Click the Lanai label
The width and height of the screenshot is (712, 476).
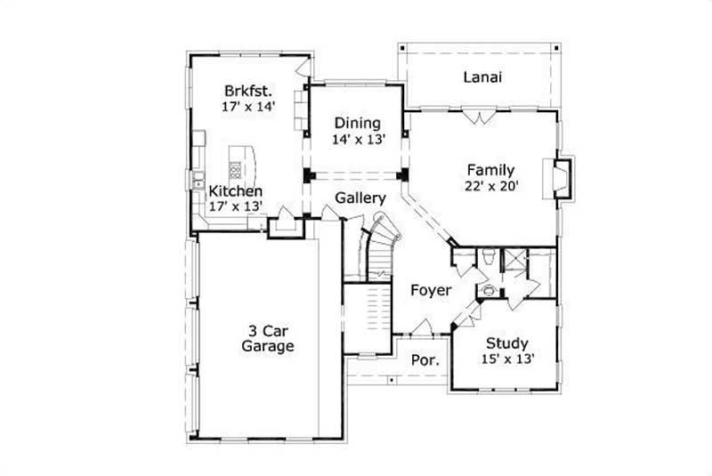(x=483, y=77)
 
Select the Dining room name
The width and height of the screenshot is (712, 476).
(x=357, y=123)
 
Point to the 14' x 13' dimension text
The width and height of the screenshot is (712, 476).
(x=357, y=140)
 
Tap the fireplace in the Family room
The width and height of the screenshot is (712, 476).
(x=561, y=176)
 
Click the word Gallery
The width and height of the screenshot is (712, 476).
(x=360, y=198)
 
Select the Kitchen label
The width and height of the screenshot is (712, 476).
(x=235, y=191)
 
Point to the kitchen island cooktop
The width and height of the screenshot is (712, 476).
(x=236, y=169)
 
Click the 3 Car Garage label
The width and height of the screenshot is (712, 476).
(x=267, y=338)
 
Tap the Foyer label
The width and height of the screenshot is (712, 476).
(x=430, y=291)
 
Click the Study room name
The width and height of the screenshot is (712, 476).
(x=507, y=343)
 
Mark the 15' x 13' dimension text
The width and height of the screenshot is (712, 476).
(x=507, y=360)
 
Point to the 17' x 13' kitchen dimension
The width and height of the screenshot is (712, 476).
(x=235, y=206)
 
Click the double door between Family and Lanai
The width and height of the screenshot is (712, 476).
(x=482, y=116)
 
